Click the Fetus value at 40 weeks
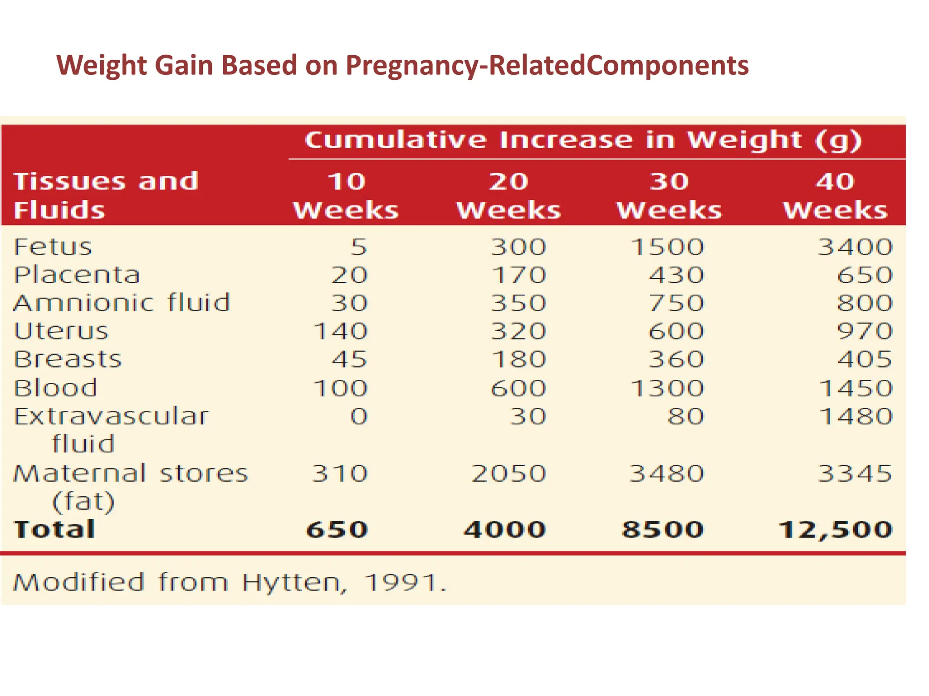[855, 247]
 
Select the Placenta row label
[77, 275]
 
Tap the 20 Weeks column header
[509, 196]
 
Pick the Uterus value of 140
[341, 331]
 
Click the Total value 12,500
[835, 530]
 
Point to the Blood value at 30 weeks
[667, 388]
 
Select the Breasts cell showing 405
[865, 360]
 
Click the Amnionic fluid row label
[122, 303]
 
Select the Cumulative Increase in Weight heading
[583, 140]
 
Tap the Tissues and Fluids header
[106, 196]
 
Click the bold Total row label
[54, 530]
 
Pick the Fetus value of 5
[358, 247]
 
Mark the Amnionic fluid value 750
[676, 303]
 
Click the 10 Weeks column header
[346, 196]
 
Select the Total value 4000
[504, 530]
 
